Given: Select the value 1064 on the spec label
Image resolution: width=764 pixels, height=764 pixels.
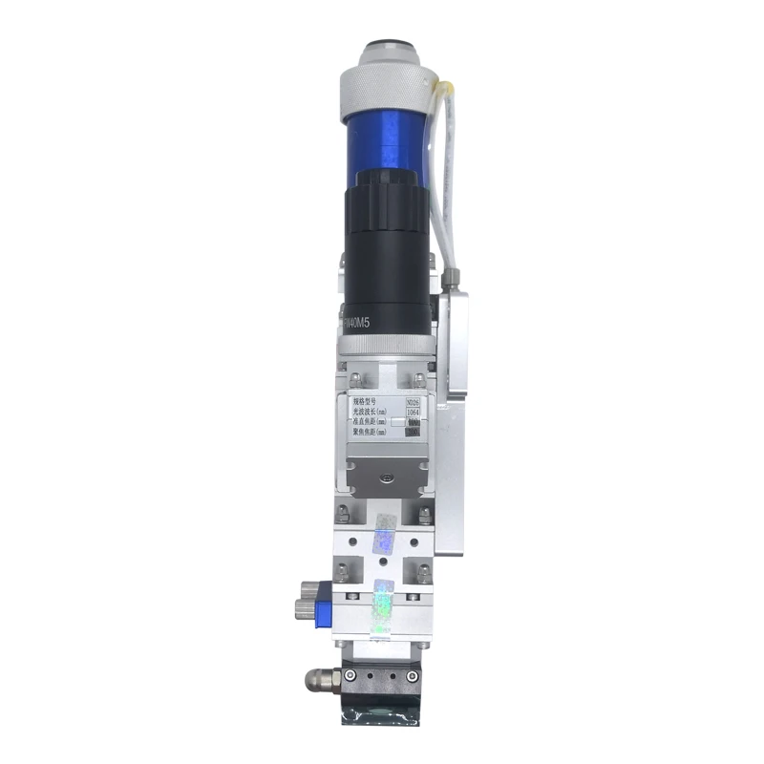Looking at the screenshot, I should pyautogui.click(x=413, y=412).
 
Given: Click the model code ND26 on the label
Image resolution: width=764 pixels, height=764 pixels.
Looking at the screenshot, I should pyautogui.click(x=413, y=402).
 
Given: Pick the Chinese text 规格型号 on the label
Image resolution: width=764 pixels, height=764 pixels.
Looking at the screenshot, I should pyautogui.click(x=364, y=402).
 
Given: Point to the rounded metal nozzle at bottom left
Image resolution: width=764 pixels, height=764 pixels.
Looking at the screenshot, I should pyautogui.click(x=316, y=680).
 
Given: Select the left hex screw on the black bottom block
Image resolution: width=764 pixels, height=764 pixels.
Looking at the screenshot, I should pyautogui.click(x=350, y=676).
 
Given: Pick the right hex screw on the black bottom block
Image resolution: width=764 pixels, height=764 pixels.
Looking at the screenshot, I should pyautogui.click(x=412, y=676).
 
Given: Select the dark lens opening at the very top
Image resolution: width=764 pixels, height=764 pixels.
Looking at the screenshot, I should pyautogui.click(x=386, y=44).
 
